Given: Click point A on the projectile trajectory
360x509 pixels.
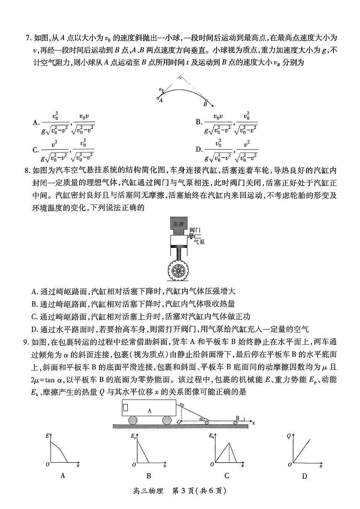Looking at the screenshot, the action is tap(158, 98).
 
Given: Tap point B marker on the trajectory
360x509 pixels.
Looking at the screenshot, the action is tap(206, 100).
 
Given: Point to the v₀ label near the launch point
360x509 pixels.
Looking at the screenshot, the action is tap(161, 89).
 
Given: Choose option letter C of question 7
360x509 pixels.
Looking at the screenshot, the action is tap(35, 150).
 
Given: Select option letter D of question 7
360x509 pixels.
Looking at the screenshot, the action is tap(199, 150).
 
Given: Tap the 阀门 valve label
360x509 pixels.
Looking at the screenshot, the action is tap(195, 229).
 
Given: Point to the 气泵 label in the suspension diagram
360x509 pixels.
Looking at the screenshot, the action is tap(199, 242).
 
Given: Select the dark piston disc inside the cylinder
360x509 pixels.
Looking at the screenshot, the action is tap(180, 247).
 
